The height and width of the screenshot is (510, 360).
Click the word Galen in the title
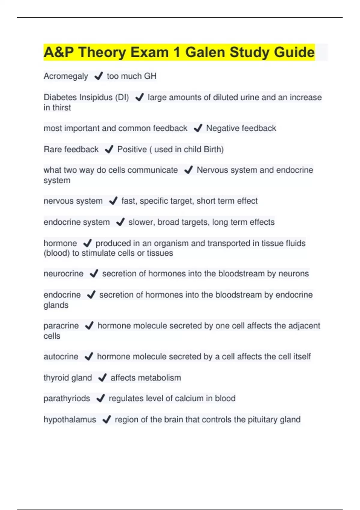205,52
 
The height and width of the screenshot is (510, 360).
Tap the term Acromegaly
66,76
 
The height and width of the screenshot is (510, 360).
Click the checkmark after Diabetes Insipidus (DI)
139,97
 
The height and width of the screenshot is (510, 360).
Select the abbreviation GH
150,76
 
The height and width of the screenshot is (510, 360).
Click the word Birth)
214,149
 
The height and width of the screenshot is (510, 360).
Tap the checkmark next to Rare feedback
109,149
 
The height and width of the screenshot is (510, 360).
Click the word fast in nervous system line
128,201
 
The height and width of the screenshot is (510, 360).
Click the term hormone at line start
60,243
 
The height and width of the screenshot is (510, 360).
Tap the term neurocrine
64,274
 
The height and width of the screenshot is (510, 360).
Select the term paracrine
61,326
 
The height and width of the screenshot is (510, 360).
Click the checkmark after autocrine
89,356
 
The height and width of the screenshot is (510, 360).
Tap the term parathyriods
67,398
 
